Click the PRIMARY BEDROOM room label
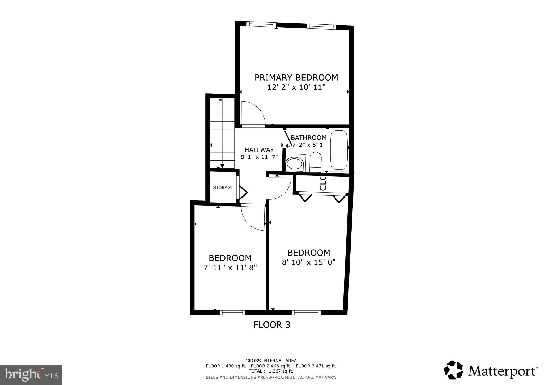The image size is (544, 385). point(296,78)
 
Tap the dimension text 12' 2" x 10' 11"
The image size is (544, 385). point(296,87)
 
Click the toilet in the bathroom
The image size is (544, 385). point(316,162)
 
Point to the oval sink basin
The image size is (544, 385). point(294,163)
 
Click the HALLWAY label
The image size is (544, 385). point(259,150)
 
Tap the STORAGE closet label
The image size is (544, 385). point(223,187)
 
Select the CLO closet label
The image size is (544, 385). point(323,183)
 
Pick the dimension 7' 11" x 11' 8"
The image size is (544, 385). point(230,267)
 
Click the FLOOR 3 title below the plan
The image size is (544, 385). point(272,325)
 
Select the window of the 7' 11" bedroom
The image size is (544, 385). point(233,313)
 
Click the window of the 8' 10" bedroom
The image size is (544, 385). point(307,313)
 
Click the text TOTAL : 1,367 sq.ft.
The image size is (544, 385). point(271,371)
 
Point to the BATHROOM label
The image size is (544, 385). point(308,138)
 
